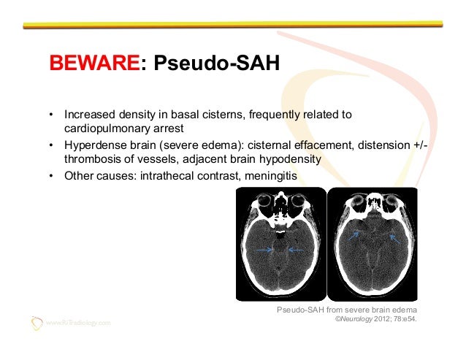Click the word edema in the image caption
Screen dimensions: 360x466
point(403,310)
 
